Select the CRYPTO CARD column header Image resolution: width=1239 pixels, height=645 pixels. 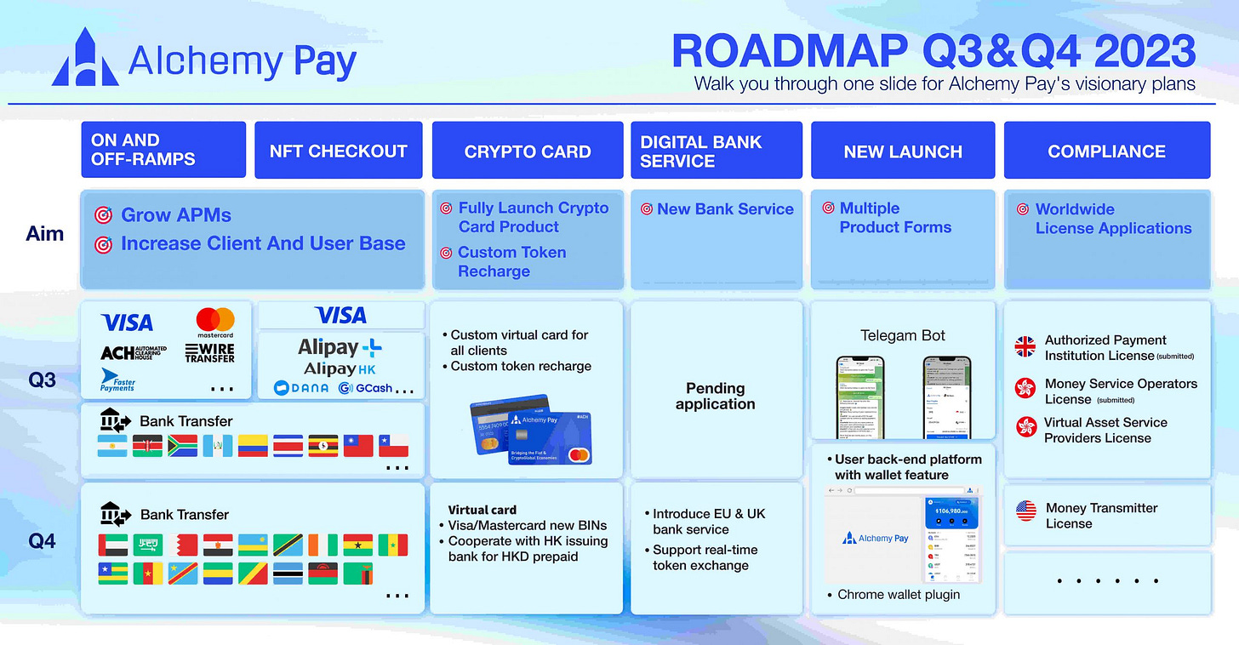click(x=528, y=151)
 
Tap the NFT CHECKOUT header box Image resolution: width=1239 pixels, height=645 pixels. click(x=338, y=151)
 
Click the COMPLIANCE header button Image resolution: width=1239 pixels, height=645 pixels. click(x=1106, y=151)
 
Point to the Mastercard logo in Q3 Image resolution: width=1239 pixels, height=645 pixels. click(x=214, y=323)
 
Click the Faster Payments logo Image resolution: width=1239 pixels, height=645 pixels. click(x=117, y=380)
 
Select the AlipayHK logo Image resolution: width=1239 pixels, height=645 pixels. click(x=340, y=368)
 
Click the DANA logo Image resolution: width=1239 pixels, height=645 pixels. click(x=302, y=388)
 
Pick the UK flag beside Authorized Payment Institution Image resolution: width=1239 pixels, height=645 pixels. click(x=1025, y=346)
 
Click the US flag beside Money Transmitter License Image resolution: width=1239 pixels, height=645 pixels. click(x=1025, y=511)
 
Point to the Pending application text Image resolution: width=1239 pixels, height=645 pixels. click(x=715, y=396)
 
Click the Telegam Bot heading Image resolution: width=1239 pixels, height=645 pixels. click(x=903, y=335)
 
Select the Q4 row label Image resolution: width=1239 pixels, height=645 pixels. click(x=42, y=540)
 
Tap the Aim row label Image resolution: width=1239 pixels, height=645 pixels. click(x=44, y=233)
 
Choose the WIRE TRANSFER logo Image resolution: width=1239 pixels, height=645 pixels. click(x=209, y=352)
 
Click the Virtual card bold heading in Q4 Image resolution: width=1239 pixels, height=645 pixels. click(x=482, y=510)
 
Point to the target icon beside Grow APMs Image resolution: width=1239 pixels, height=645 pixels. click(x=104, y=215)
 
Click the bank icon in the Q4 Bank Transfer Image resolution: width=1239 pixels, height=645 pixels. click(x=115, y=514)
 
